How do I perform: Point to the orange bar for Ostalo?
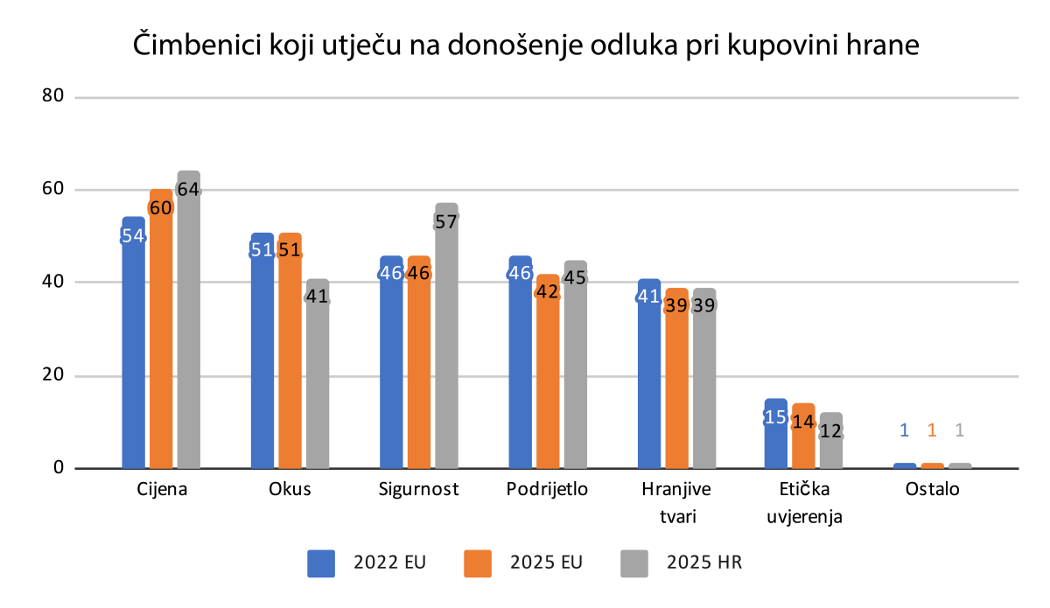(932, 465)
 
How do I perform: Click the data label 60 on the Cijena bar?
(161, 207)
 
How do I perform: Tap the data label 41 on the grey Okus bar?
(317, 297)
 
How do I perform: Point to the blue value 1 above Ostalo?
(905, 430)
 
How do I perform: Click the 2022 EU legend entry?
(367, 563)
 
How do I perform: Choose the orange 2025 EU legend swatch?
(478, 563)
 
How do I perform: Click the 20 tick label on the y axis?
(53, 374)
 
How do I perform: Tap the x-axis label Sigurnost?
(420, 489)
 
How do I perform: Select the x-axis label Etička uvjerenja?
(804, 502)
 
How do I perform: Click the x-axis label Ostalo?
(932, 489)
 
